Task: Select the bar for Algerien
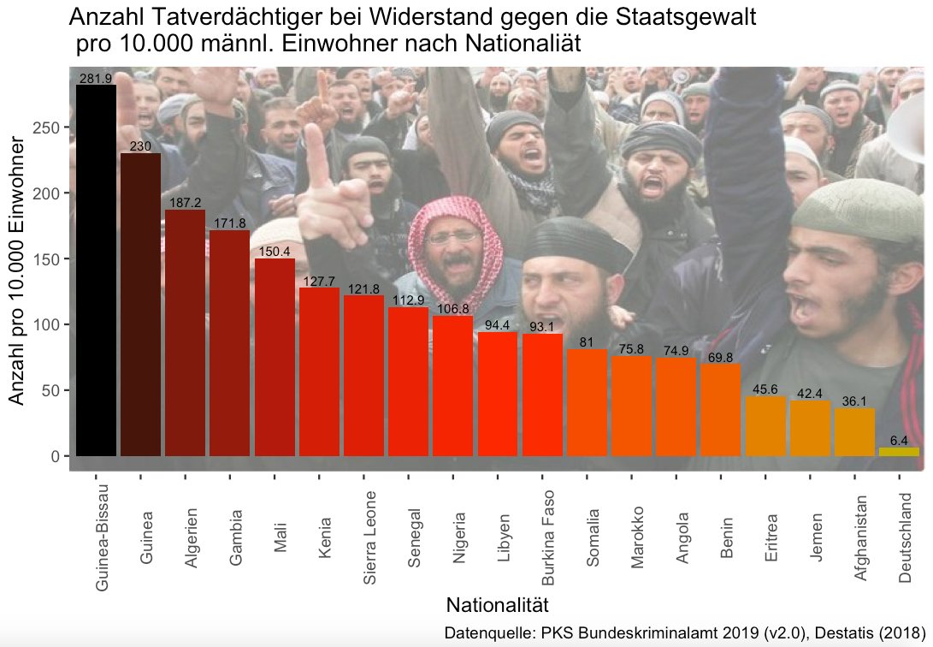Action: pos(185,334)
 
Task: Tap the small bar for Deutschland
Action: pos(899,451)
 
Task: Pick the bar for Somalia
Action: pos(587,402)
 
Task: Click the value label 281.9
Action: pos(96,79)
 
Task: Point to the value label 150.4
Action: pos(275,252)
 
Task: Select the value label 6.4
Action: pos(899,441)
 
